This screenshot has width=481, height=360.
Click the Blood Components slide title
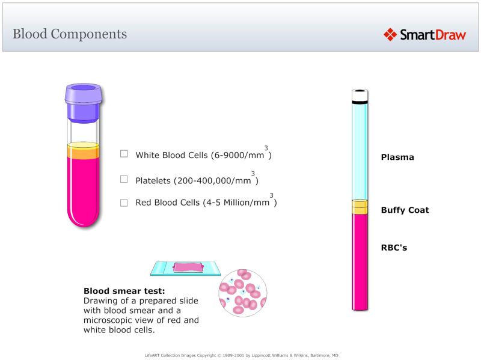click(70, 34)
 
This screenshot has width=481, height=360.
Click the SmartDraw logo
click(424, 34)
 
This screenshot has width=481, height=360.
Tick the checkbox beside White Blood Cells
click(124, 154)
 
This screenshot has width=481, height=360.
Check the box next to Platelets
click(124, 179)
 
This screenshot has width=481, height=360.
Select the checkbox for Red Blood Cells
click(124, 203)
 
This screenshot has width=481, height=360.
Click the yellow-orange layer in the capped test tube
click(84, 152)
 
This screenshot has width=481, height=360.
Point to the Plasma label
click(397, 157)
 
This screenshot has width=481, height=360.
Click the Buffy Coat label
click(405, 210)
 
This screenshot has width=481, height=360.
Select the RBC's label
click(394, 247)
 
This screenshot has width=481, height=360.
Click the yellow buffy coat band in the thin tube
click(360, 207)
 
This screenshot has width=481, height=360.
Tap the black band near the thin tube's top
click(360, 103)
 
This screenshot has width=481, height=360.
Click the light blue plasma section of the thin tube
click(360, 150)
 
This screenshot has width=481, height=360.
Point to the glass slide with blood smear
click(186, 268)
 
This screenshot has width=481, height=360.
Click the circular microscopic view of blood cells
click(243, 293)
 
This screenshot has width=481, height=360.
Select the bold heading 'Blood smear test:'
click(124, 291)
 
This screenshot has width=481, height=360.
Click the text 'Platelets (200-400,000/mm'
click(193, 180)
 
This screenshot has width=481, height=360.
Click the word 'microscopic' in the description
click(110, 320)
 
